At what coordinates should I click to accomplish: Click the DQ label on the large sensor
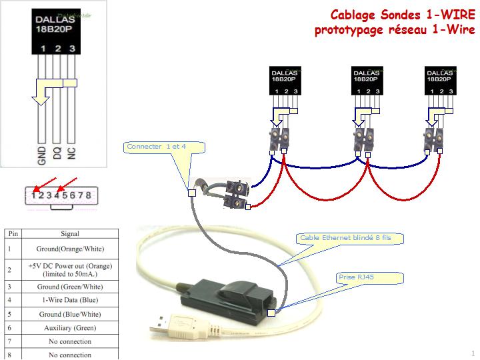(x=57, y=155)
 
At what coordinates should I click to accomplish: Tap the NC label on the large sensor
(x=72, y=155)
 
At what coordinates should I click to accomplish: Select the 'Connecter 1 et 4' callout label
(x=157, y=146)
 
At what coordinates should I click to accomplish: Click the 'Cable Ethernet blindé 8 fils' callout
(x=345, y=237)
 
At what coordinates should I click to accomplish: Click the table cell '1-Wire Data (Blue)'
(x=71, y=300)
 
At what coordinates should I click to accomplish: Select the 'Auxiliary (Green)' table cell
(x=71, y=327)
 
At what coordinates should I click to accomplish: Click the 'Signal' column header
(x=71, y=233)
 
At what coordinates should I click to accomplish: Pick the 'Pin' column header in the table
(x=13, y=233)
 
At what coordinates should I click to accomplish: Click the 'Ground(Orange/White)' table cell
(x=71, y=249)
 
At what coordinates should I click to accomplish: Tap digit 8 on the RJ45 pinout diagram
(x=88, y=195)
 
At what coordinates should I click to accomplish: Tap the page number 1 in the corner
(x=473, y=353)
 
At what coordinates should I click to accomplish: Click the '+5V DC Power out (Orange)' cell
(x=71, y=269)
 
